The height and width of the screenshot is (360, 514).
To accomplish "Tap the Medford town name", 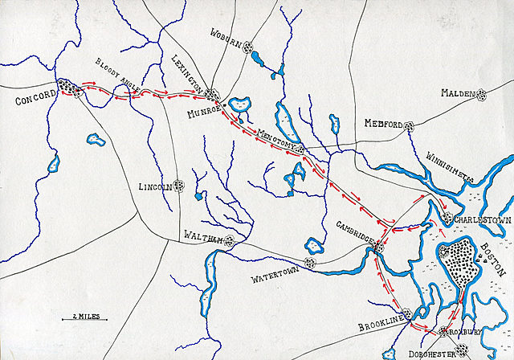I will click(382, 125).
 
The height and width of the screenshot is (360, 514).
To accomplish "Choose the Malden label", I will click(456, 93).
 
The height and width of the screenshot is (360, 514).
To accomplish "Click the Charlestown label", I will click(479, 219).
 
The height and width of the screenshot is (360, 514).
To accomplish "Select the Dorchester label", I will click(435, 351).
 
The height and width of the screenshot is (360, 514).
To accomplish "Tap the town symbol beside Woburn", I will click(248, 46).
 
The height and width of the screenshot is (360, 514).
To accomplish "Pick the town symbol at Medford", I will click(409, 126).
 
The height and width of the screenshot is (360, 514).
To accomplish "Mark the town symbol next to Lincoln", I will click(180, 186).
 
